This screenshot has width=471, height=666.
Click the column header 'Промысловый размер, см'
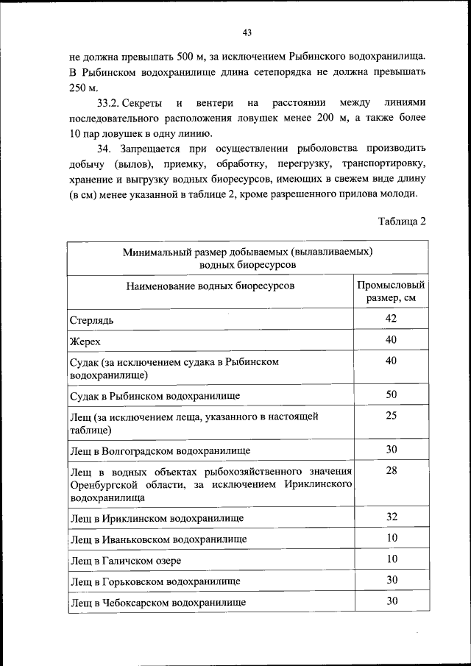point(391,292)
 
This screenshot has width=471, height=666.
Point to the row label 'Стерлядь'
point(92,320)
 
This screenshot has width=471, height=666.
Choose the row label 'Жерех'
point(85,341)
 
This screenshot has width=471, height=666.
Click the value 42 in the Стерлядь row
point(391,319)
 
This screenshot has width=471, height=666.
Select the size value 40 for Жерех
point(391,340)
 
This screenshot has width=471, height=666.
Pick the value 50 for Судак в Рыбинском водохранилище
point(391,395)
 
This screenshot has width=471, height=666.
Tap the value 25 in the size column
point(391,417)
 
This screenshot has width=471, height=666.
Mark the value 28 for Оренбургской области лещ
point(391,471)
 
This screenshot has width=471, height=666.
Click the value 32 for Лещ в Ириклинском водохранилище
point(391,517)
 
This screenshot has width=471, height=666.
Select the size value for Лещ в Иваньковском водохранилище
point(391,538)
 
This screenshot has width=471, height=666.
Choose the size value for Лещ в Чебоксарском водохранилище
point(391,601)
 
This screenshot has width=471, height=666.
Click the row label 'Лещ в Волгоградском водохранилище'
point(160,450)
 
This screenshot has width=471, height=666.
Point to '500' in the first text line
point(205,55)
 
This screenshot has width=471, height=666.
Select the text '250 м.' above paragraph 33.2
point(82,87)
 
